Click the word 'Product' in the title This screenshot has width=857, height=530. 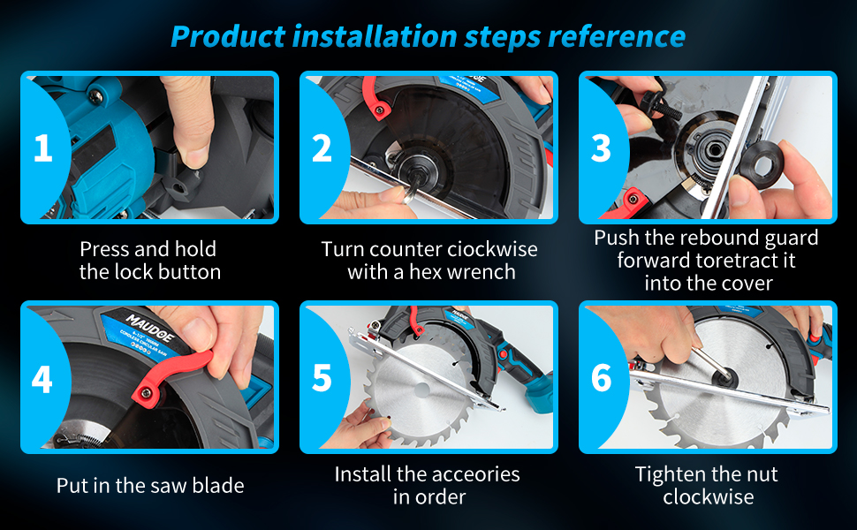(x=228, y=37)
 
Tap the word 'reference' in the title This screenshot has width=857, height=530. (x=617, y=36)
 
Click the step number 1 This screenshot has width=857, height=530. (x=43, y=148)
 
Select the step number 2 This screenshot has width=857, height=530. (x=322, y=148)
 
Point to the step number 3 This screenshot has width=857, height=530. (x=601, y=148)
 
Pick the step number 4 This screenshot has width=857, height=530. (x=42, y=379)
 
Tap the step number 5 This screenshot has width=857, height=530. (x=322, y=378)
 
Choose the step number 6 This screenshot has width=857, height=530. (x=601, y=378)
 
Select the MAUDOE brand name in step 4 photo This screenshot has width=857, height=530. (x=150, y=328)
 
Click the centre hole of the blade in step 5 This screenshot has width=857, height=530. (x=422, y=390)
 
